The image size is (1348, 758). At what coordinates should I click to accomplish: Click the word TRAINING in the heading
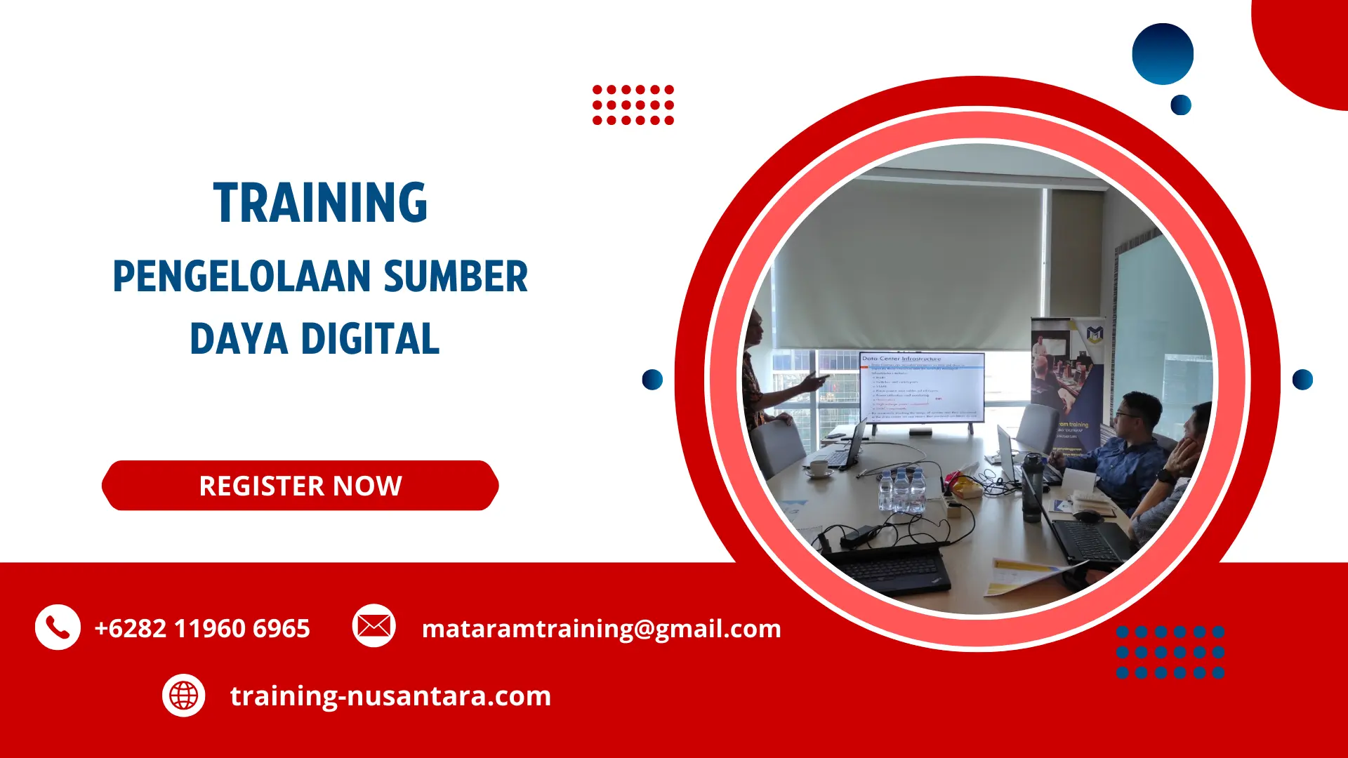(320, 203)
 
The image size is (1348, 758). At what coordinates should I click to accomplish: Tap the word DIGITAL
(370, 339)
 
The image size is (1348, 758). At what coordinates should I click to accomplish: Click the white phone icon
(58, 627)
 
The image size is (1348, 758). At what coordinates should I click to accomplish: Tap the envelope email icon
(374, 625)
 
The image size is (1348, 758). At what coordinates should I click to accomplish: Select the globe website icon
(183, 696)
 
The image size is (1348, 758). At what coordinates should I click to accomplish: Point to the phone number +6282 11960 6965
(202, 628)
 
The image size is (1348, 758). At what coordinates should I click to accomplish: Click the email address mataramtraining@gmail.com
(601, 628)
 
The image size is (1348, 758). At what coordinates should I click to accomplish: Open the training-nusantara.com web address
(390, 696)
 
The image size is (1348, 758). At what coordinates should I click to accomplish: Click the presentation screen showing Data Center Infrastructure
(921, 387)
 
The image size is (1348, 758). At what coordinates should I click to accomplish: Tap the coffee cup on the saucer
(819, 467)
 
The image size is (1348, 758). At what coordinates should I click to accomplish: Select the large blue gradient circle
(1163, 54)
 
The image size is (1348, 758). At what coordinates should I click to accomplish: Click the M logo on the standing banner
(1095, 334)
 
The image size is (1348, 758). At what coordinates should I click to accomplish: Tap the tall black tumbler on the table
(1031, 488)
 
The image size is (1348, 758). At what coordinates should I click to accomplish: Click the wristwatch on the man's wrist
(1165, 475)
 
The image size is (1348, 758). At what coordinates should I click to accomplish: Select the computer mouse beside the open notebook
(1087, 517)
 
